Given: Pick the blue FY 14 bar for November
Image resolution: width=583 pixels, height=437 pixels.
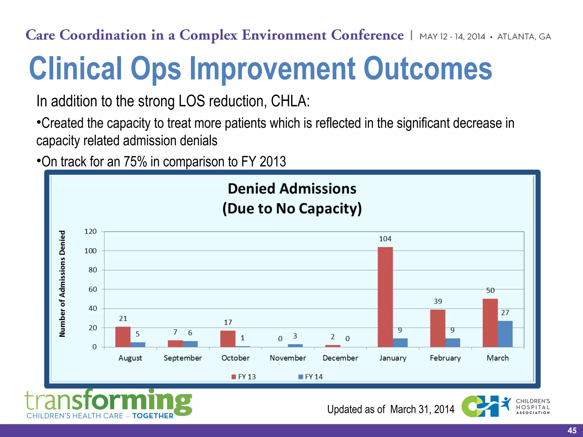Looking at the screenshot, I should tap(295, 345).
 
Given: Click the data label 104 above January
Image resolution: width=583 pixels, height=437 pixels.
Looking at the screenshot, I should tap(385, 239).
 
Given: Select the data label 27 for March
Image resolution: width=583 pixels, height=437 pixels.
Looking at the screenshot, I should tap(505, 312).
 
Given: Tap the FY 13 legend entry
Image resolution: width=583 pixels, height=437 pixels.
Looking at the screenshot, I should tap(244, 377).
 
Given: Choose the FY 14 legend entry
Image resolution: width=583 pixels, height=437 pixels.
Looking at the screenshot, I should tap(311, 377).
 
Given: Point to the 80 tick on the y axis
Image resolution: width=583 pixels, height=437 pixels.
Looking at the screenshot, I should tap(93, 270).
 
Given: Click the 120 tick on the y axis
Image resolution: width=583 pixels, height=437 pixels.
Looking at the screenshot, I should tap(90, 231).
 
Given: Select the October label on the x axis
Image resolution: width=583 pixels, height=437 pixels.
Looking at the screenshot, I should tap(235, 358).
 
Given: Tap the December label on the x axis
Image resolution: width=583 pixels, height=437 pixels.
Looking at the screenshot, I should tap(340, 358).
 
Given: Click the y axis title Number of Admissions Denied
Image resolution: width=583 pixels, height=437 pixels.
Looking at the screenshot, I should tap(62, 284).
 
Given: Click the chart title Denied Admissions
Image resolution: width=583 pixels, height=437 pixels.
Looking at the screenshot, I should tap(292, 189).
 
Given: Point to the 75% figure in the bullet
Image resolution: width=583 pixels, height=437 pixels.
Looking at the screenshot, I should tap(135, 162).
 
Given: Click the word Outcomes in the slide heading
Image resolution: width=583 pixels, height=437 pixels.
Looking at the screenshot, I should tap(428, 69).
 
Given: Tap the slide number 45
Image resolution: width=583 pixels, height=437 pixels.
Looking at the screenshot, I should tap(572, 430).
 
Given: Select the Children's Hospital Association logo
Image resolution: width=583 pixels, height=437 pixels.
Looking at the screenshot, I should tap(506, 406).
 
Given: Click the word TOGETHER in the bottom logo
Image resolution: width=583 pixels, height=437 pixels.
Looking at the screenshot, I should tap(153, 416).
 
